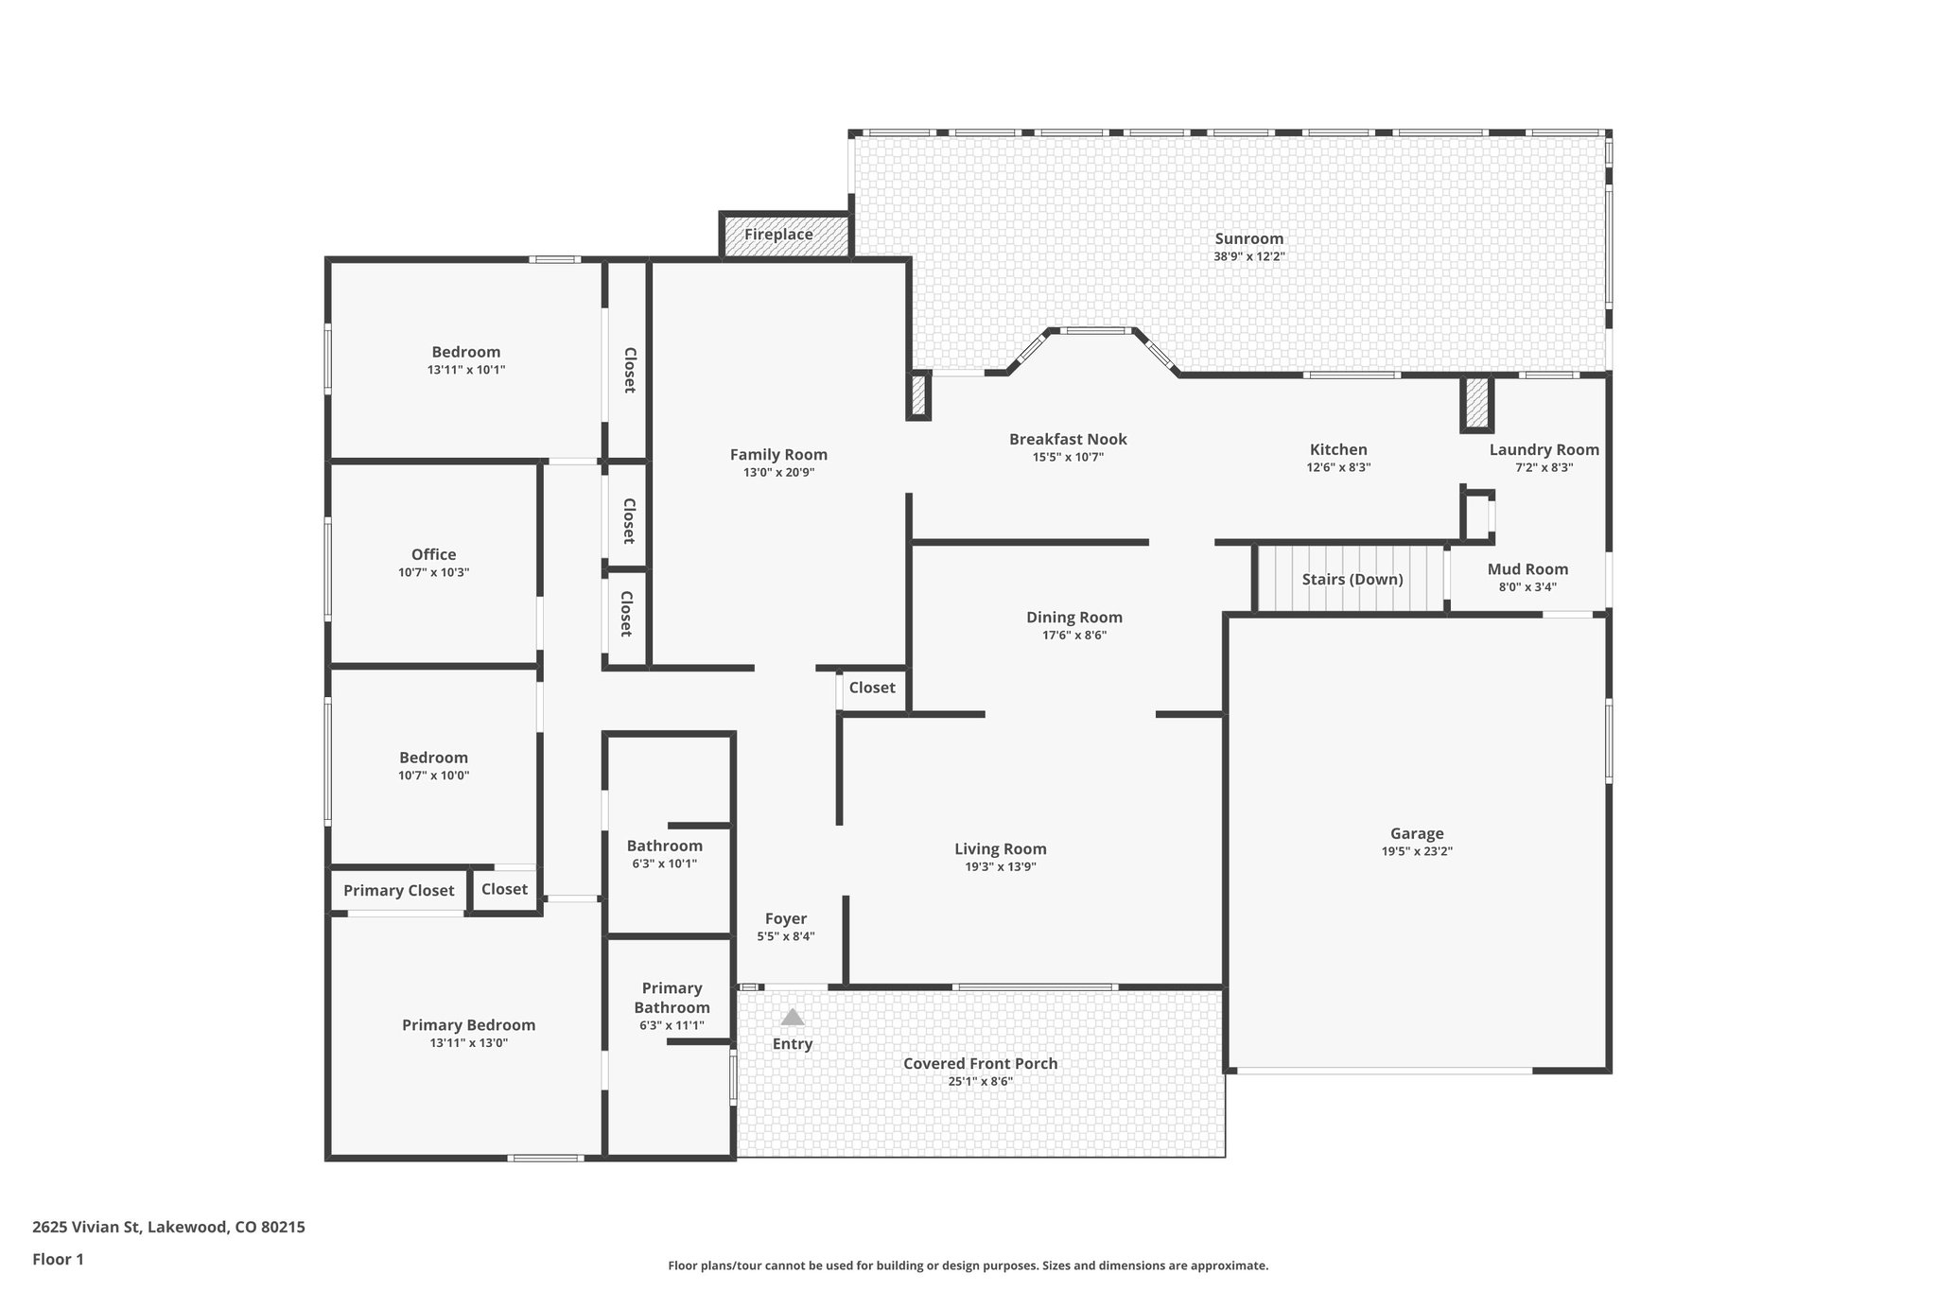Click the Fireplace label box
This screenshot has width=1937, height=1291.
778,235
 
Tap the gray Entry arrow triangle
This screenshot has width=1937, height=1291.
793,1018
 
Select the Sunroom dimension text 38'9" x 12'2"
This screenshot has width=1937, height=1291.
1248,256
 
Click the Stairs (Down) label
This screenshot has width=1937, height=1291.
1352,579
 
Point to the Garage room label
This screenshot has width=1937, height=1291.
1416,833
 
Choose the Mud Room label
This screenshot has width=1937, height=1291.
1527,569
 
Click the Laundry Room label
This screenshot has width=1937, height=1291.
1544,450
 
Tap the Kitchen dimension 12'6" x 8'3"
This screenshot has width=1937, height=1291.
1337,467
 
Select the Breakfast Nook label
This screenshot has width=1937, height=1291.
1067,439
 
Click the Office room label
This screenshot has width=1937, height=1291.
433,554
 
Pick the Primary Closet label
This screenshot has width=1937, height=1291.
398,890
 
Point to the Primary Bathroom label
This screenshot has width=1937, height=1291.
672,998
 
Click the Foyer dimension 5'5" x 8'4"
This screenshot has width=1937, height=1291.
785,936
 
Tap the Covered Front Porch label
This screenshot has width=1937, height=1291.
980,1063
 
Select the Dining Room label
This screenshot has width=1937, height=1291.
1073,618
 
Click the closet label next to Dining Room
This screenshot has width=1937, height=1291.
871,688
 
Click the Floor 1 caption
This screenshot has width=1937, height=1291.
58,1259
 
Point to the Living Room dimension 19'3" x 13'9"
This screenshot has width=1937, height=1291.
1000,866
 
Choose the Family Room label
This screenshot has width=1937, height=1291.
777,455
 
